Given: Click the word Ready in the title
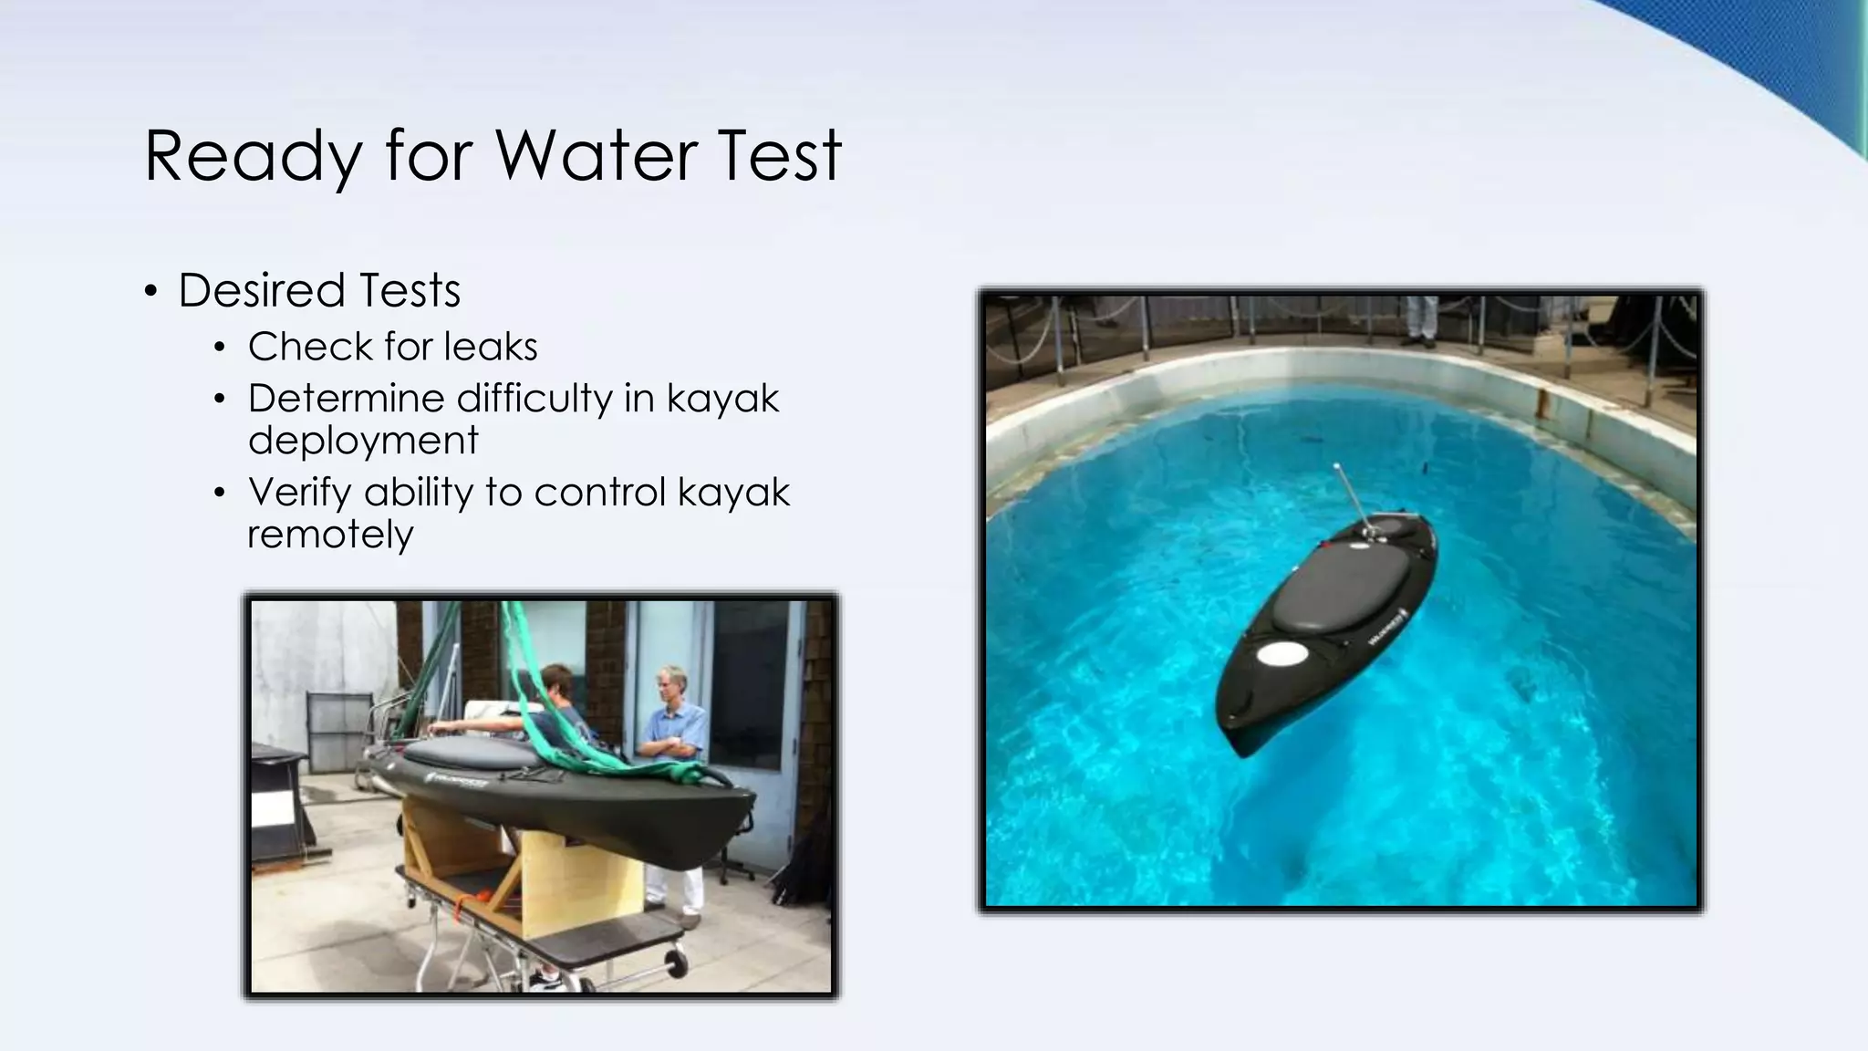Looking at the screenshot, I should [253, 157].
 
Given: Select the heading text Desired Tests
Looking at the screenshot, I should [319, 290].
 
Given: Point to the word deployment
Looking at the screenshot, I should [363, 441].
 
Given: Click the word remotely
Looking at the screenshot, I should [330, 535].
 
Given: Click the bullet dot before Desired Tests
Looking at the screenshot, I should [151, 292].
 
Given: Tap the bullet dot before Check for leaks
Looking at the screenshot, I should [219, 348].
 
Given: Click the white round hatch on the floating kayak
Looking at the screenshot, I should [1282, 653].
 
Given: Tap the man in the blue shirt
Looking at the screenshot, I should [673, 730].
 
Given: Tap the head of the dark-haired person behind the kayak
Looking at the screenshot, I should [555, 681].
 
